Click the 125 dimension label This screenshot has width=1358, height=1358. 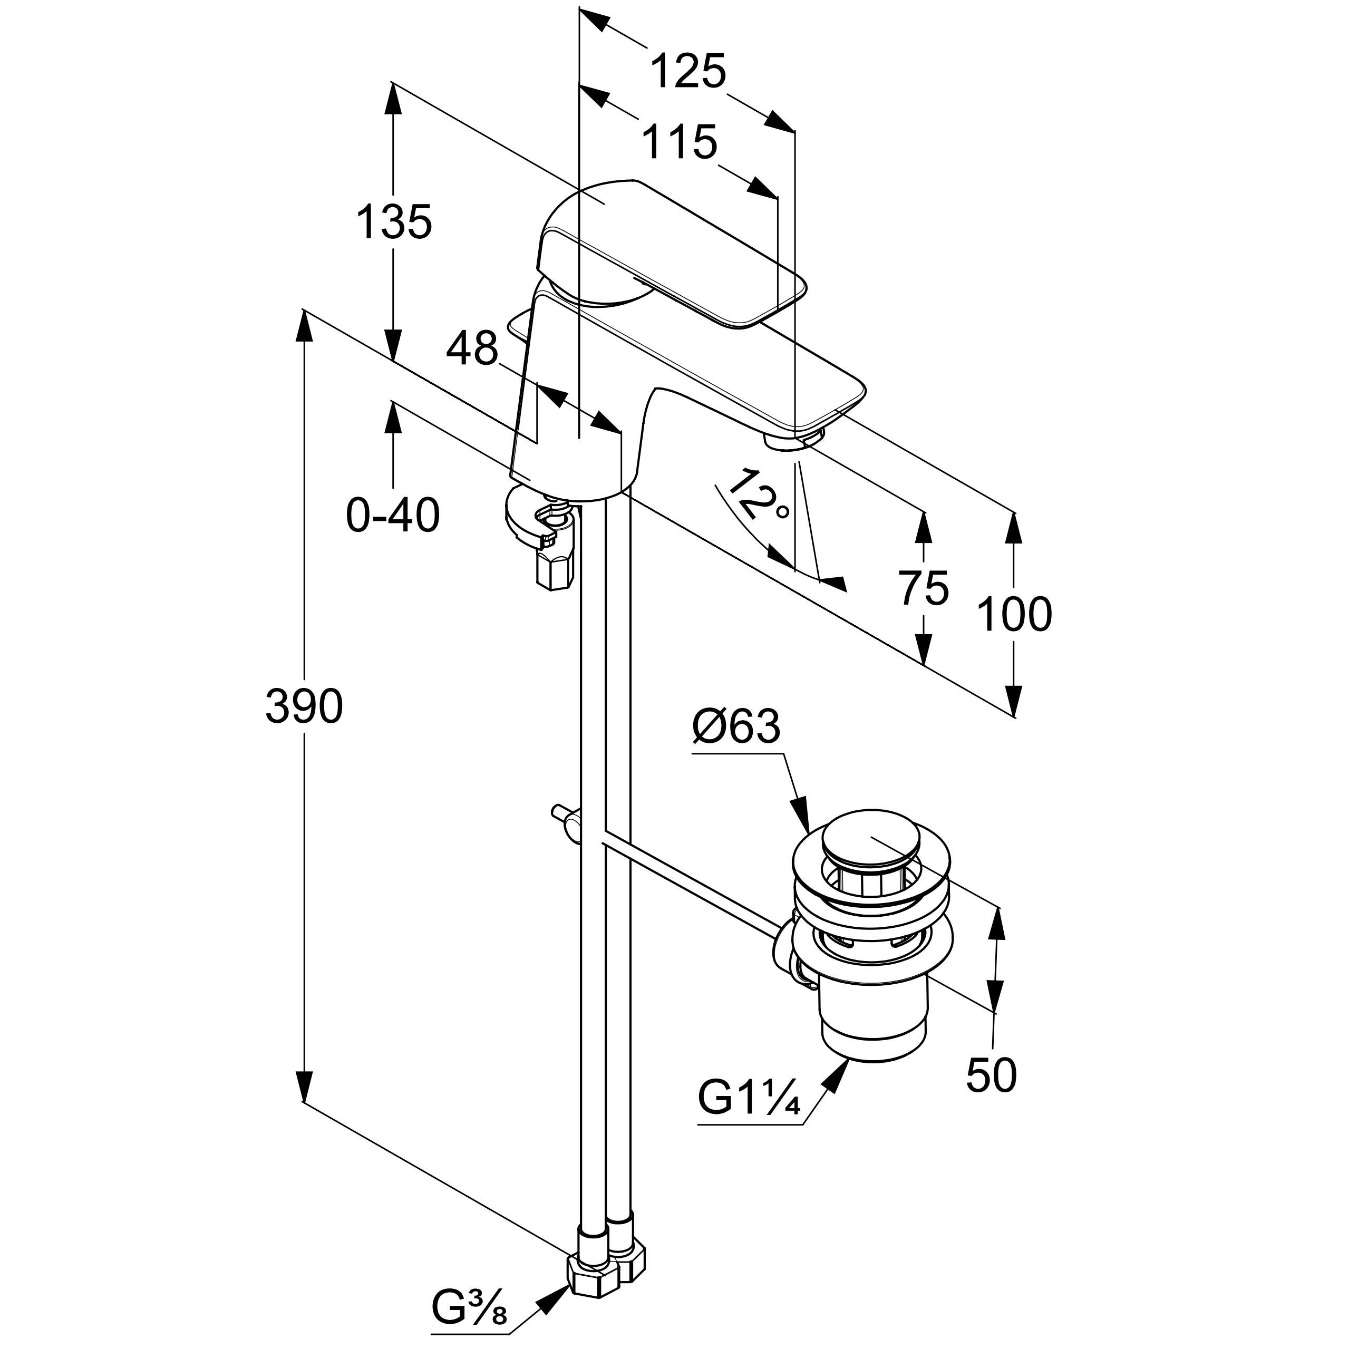tap(687, 72)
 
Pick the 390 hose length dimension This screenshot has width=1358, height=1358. tap(304, 706)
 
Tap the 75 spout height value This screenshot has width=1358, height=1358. tap(924, 588)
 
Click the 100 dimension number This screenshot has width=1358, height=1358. tap(1014, 614)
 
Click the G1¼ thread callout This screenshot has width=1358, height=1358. tap(749, 1097)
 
